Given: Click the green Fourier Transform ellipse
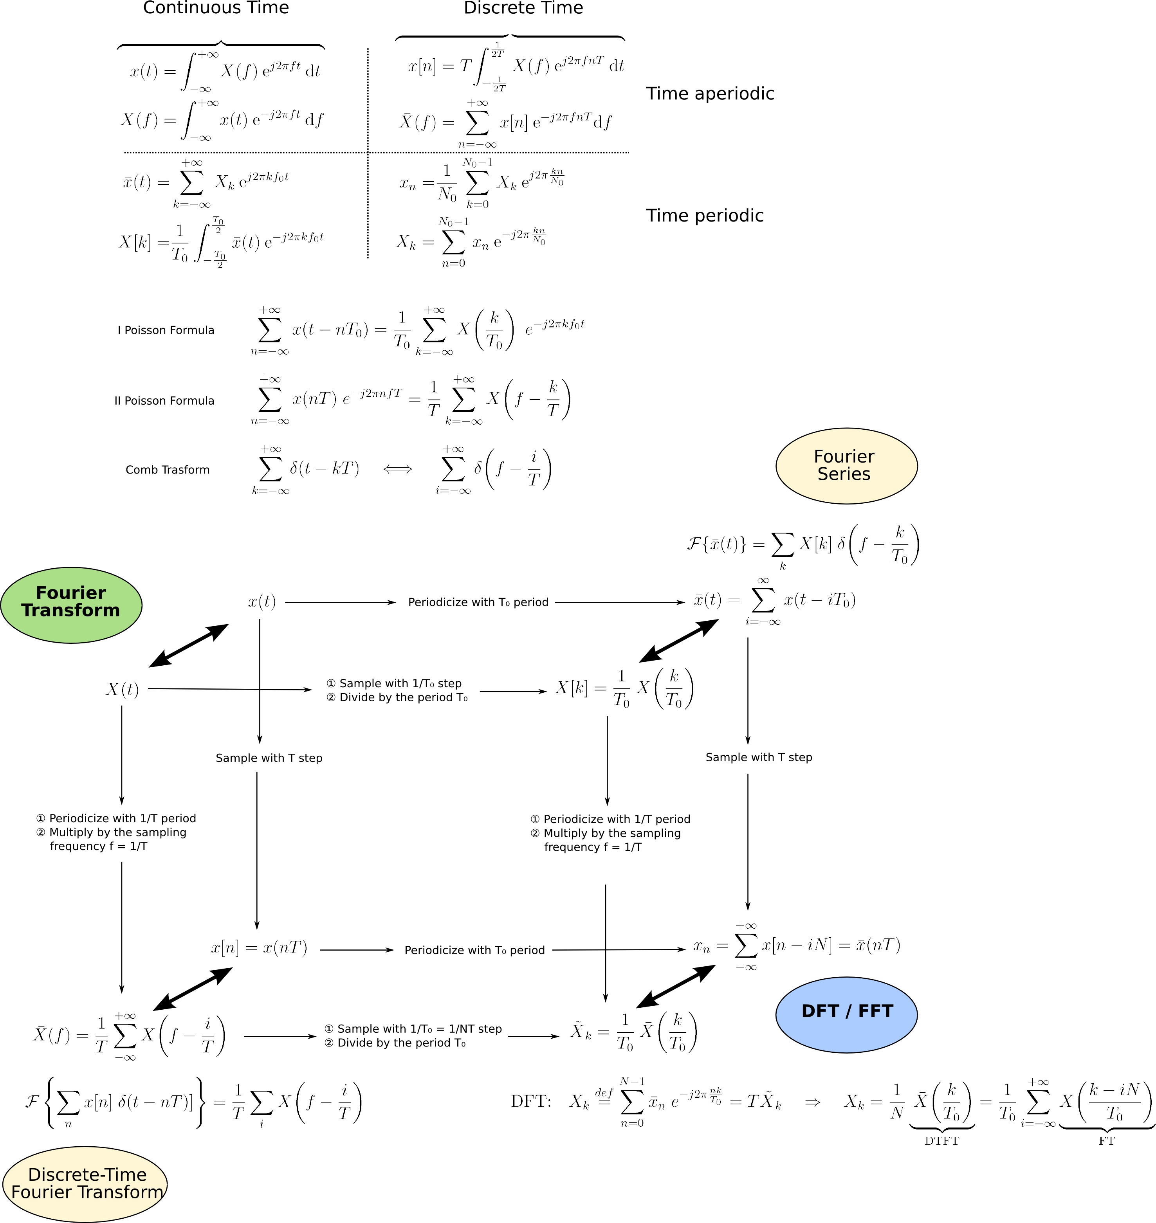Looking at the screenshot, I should tap(71, 605).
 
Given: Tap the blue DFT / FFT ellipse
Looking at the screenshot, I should tap(846, 1014).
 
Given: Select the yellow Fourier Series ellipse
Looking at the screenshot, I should tap(846, 466).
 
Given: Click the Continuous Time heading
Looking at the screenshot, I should tap(216, 8).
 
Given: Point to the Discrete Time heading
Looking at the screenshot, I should tap(523, 8).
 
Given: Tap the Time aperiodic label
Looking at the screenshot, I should tap(710, 94).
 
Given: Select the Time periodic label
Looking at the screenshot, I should tap(704, 216).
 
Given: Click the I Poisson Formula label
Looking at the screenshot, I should tap(166, 330).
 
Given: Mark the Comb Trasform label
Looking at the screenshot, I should tap(168, 470).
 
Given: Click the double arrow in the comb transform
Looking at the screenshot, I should tap(397, 470).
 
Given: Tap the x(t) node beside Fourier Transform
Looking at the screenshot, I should tap(262, 602).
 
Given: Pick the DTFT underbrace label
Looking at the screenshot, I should tap(941, 1141).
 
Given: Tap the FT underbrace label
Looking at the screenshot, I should tap(1107, 1141).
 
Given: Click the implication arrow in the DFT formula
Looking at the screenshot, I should tap(813, 1102).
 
